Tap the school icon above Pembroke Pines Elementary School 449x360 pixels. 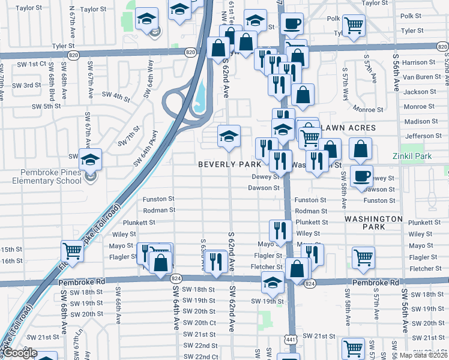click(91, 160)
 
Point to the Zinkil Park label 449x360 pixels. click(414, 156)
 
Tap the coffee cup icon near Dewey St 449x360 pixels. click(361, 176)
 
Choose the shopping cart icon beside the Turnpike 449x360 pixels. click(72, 251)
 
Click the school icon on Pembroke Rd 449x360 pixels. click(273, 282)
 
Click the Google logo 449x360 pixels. click(20, 353)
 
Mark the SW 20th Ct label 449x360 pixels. click(199, 323)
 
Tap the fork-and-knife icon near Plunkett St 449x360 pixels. click(280, 230)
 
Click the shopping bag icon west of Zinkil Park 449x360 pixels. click(360, 148)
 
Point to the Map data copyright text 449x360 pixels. click(424, 355)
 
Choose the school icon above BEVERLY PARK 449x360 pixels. click(229, 136)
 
